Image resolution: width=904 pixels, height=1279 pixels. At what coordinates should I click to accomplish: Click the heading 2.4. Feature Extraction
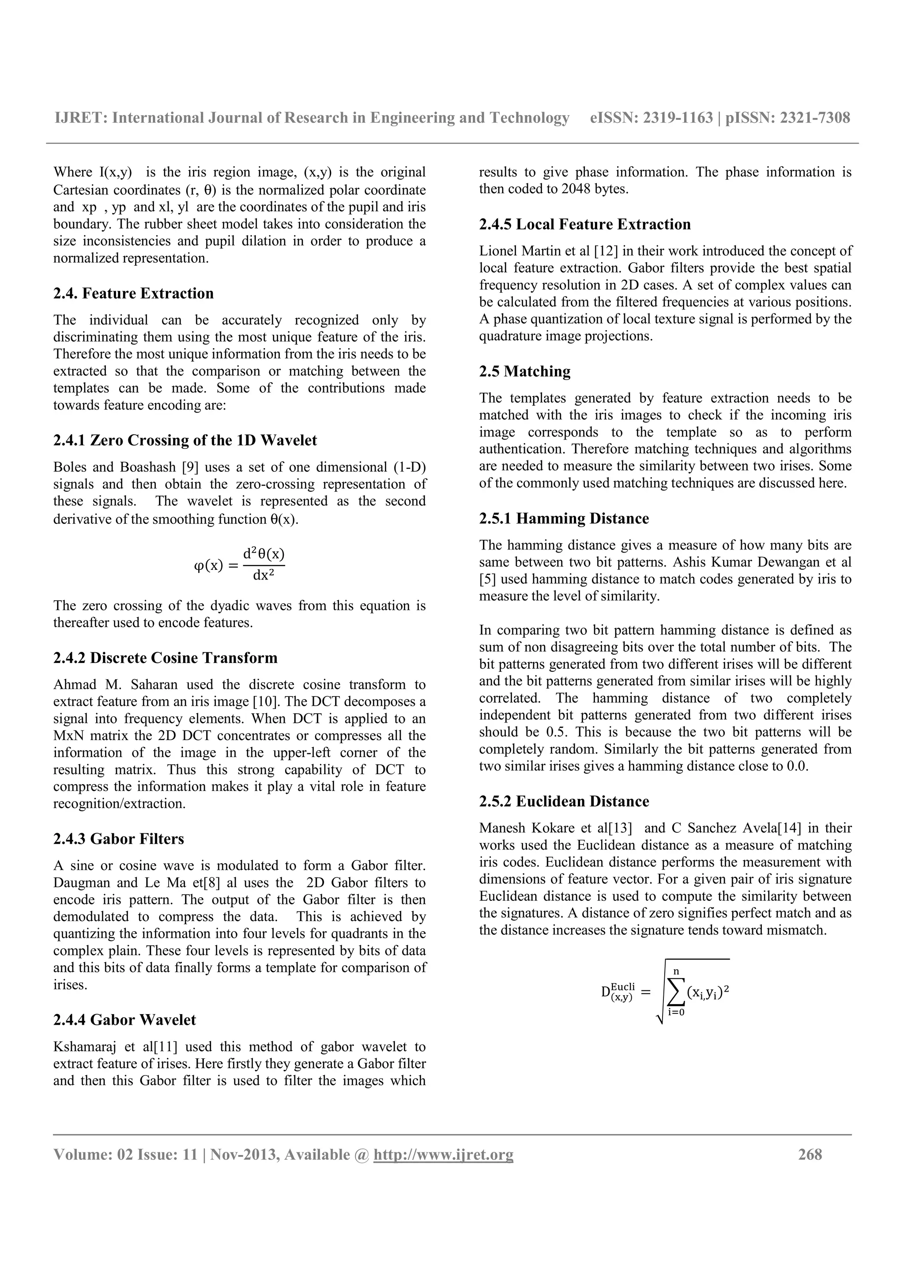point(133,293)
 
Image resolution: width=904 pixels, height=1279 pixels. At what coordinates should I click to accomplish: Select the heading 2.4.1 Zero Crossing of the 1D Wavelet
point(185,440)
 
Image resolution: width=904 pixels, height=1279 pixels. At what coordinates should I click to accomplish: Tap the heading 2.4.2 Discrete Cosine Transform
point(166,658)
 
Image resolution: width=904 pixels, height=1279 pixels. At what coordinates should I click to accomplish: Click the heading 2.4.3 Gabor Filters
point(119,839)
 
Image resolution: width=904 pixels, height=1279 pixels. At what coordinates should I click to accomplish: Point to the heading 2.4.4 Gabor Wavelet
point(125,1020)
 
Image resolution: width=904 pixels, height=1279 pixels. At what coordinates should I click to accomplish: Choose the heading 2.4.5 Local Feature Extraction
point(585,225)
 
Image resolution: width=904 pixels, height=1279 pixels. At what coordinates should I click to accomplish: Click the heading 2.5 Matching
point(525,372)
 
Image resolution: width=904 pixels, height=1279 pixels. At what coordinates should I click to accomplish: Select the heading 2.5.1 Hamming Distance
point(564,519)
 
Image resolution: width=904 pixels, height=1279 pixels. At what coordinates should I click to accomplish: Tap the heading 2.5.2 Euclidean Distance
point(564,801)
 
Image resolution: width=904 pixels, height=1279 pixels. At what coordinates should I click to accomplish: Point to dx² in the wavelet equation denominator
point(264,576)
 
